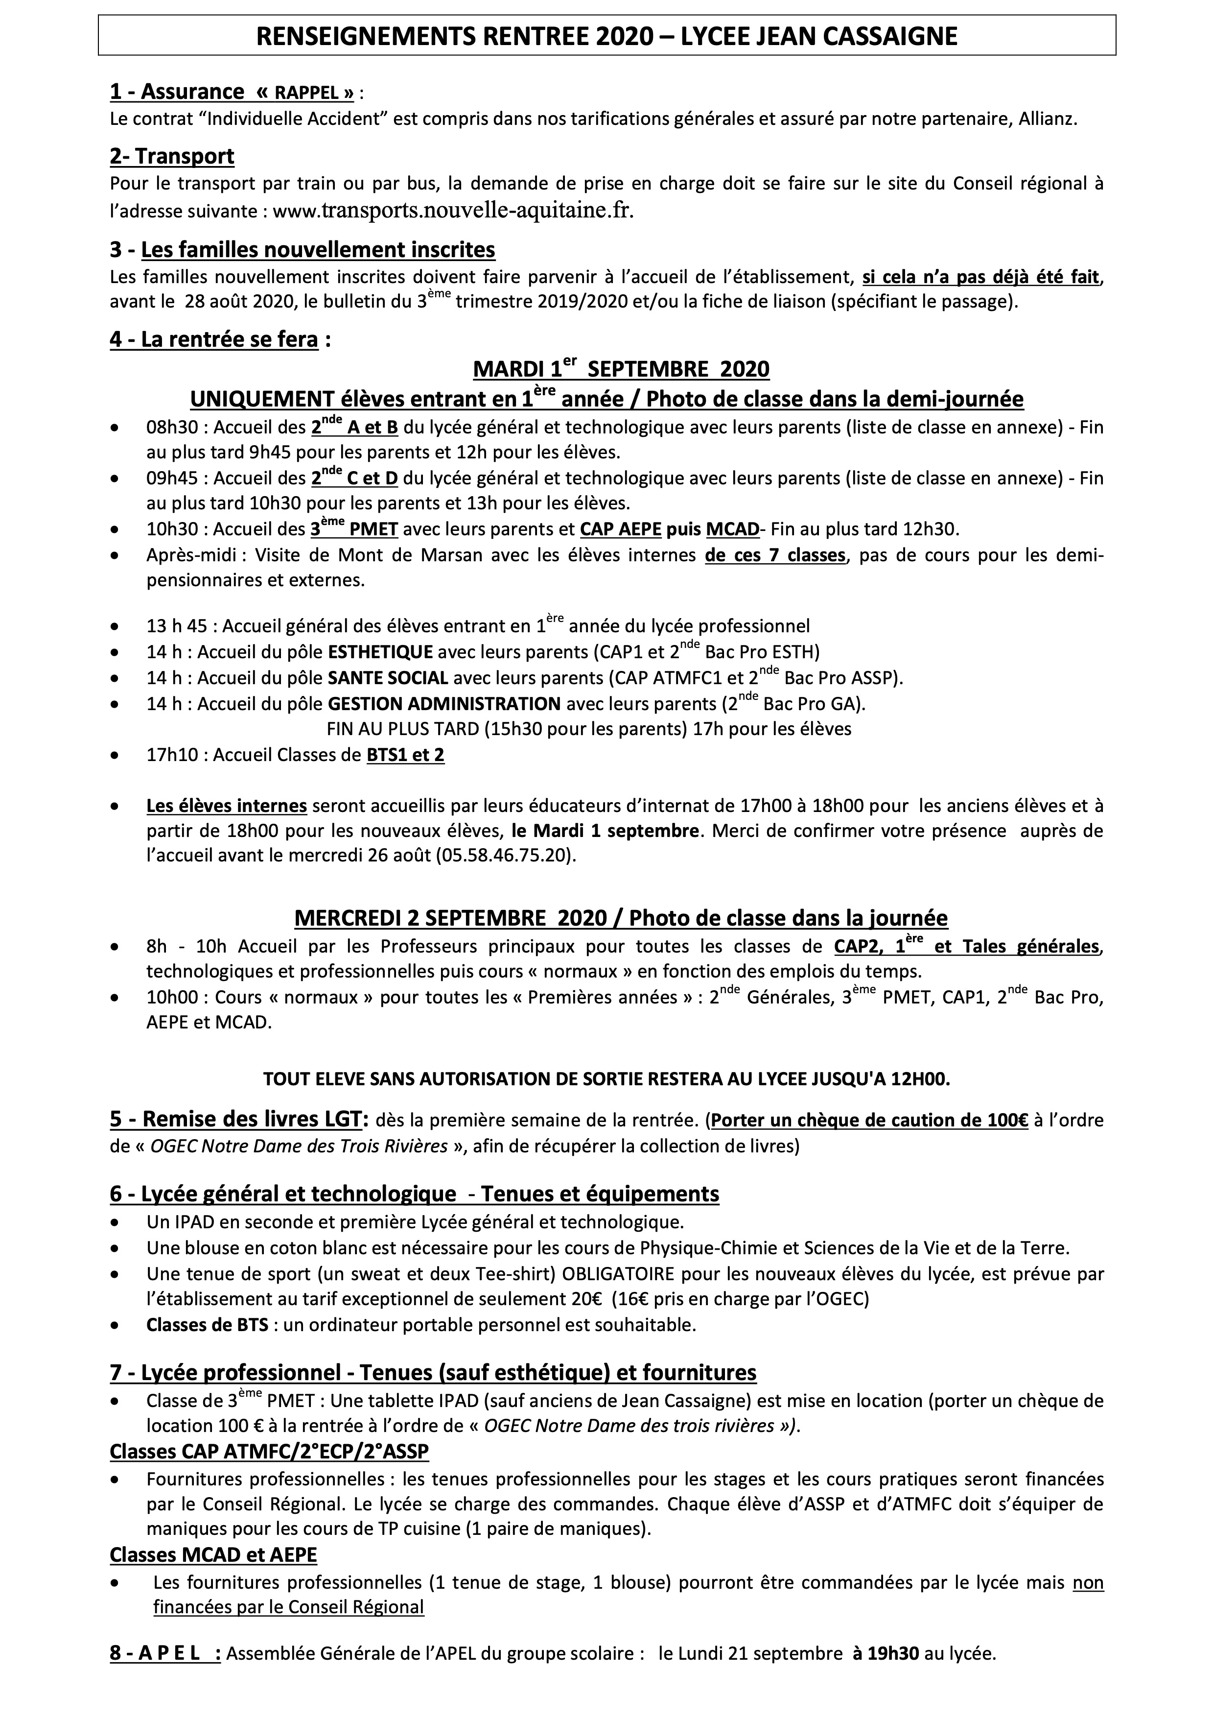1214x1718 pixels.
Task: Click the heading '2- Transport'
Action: [x=171, y=156]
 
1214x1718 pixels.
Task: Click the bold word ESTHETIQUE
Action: [x=381, y=651]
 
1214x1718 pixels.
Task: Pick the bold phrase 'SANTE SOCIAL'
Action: [x=388, y=678]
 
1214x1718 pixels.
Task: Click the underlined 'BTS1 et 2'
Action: [x=405, y=755]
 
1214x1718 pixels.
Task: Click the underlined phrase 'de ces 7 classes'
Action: [x=774, y=555]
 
